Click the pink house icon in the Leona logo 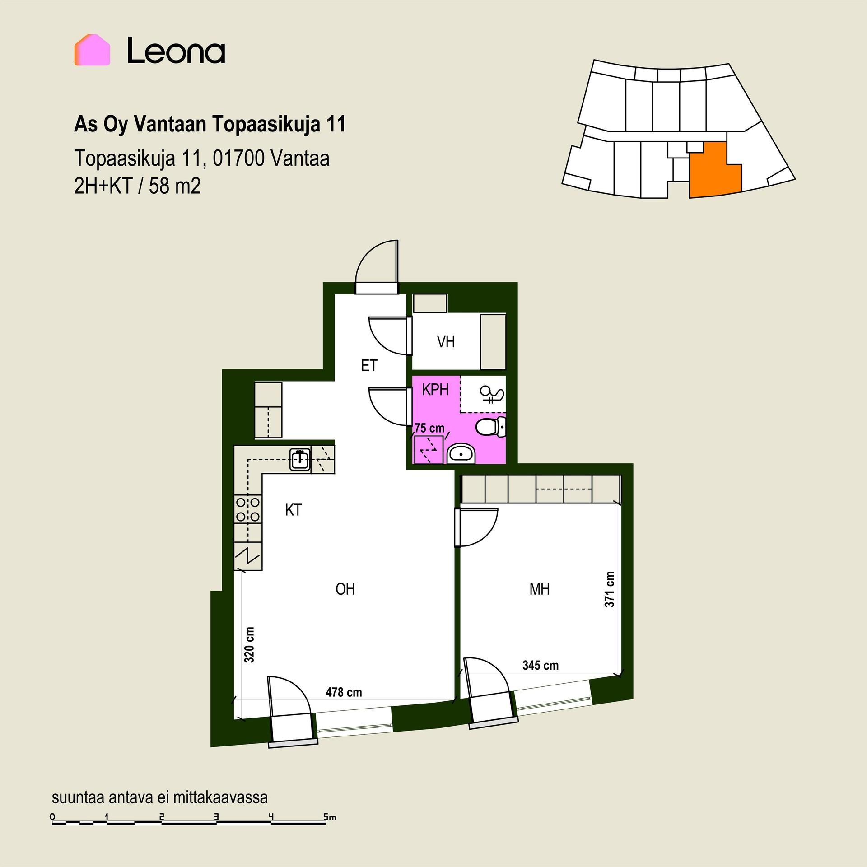(x=92, y=50)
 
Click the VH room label (x=446, y=342)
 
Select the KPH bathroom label (x=435, y=390)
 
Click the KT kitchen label (x=293, y=510)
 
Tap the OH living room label (x=345, y=589)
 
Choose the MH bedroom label (x=540, y=589)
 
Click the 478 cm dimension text (x=344, y=692)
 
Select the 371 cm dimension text (x=610, y=589)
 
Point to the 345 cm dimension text (x=541, y=665)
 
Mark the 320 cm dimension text (x=249, y=645)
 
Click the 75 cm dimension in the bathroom (x=429, y=428)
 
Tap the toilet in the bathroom (x=491, y=427)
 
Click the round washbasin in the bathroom (x=461, y=454)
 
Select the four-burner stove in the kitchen (x=248, y=509)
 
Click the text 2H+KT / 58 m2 (x=137, y=186)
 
